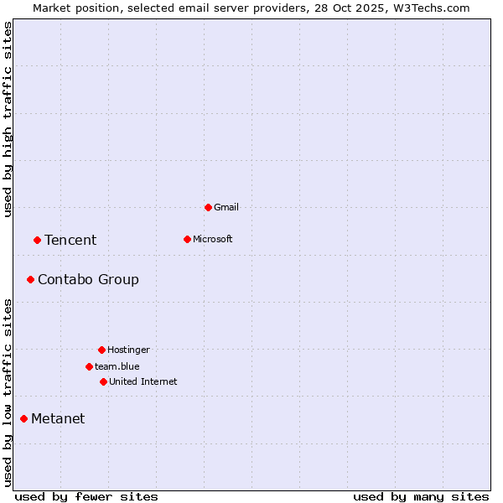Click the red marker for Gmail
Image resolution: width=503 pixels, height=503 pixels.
click(208, 207)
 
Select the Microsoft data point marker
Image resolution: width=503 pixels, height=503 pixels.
click(187, 239)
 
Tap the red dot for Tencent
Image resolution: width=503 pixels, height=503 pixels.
click(37, 240)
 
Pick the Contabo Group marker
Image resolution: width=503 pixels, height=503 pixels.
click(30, 279)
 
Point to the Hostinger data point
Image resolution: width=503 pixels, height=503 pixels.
click(101, 350)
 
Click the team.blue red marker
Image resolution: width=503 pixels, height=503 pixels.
click(89, 366)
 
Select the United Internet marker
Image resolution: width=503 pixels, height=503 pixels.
click(103, 381)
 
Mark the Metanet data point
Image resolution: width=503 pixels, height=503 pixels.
click(23, 418)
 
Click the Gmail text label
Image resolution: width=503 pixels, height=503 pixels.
click(226, 207)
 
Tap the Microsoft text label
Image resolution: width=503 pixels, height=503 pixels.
click(213, 239)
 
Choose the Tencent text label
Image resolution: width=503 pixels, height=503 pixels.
click(70, 240)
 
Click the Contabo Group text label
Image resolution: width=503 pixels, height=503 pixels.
click(88, 279)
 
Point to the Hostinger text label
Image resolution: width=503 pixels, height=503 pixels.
click(128, 350)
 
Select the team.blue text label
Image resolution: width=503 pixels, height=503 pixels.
click(117, 366)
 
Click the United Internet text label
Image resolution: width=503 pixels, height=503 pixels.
click(143, 381)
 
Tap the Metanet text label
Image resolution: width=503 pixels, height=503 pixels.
click(58, 418)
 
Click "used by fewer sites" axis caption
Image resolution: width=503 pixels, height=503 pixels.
click(86, 496)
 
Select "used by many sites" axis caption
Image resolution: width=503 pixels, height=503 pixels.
click(421, 496)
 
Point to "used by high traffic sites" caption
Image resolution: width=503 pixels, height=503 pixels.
click(8, 119)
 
